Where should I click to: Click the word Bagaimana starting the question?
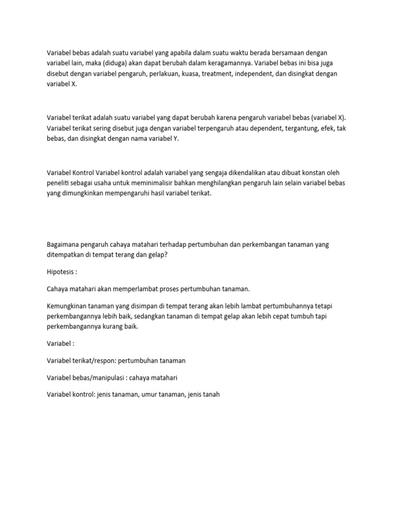coord(63,245)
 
